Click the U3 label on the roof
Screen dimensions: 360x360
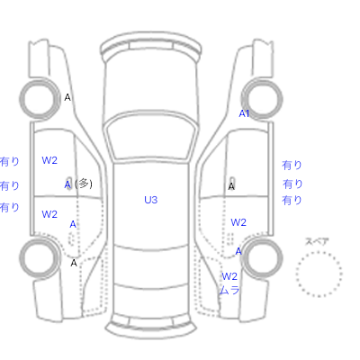click(150, 200)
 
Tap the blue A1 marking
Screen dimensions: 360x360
click(244, 113)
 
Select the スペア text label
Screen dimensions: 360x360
click(317, 241)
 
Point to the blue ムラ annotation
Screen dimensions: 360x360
click(229, 290)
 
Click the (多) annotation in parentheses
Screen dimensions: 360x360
click(84, 184)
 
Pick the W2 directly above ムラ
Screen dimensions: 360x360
click(229, 276)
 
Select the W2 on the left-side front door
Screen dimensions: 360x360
click(49, 160)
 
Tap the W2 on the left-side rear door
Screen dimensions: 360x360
click(49, 214)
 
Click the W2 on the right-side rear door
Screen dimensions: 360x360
click(238, 222)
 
